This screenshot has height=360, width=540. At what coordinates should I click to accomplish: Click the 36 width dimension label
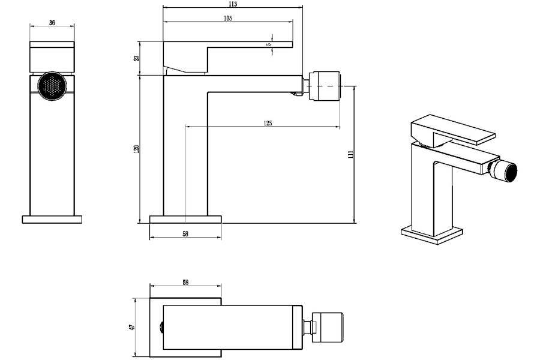52,23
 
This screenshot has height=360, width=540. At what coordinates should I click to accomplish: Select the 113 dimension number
233,4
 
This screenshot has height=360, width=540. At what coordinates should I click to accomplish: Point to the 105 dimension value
228,18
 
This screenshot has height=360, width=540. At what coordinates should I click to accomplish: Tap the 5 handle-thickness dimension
269,44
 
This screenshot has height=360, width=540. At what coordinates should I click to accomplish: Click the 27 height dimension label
137,58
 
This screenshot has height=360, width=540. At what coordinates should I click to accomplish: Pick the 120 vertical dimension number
136,149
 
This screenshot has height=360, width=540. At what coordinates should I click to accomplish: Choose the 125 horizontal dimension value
268,123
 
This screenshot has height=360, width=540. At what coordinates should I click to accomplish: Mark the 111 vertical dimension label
350,154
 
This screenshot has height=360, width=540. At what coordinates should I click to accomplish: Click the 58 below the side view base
185,234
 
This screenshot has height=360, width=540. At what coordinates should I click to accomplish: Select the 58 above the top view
185,283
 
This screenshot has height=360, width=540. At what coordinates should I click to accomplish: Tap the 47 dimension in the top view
131,327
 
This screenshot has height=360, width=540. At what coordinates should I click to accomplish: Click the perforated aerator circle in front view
52,86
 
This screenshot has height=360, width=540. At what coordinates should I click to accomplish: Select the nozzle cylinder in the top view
327,327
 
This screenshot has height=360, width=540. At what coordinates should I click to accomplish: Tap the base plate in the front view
52,219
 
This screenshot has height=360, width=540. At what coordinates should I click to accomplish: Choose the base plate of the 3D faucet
432,235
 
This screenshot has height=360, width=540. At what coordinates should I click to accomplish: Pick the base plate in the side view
185,219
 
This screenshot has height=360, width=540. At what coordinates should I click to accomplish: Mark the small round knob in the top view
161,327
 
